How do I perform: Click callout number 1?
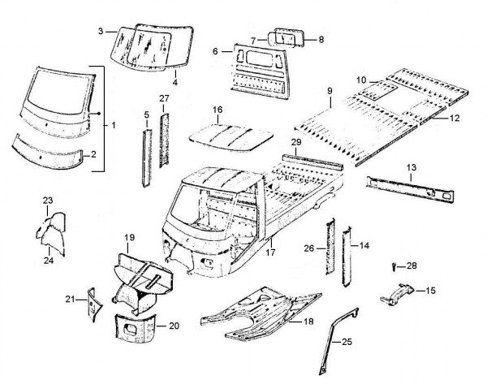114,126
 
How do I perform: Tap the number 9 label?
330,91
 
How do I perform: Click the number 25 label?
348,343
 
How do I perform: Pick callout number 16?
217,110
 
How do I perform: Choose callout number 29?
297,142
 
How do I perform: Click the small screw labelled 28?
394,265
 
